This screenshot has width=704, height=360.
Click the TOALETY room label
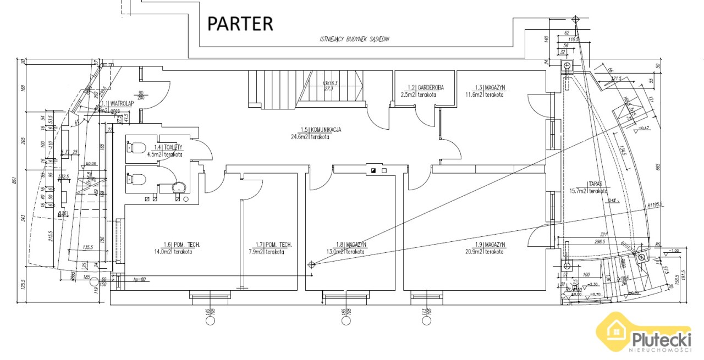(x=168, y=147)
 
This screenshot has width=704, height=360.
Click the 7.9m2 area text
(x=256, y=252)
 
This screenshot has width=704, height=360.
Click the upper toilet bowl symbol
(x=136, y=148)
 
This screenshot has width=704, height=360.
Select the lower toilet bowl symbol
(x=136, y=179)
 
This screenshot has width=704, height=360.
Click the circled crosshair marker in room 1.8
(x=312, y=264)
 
